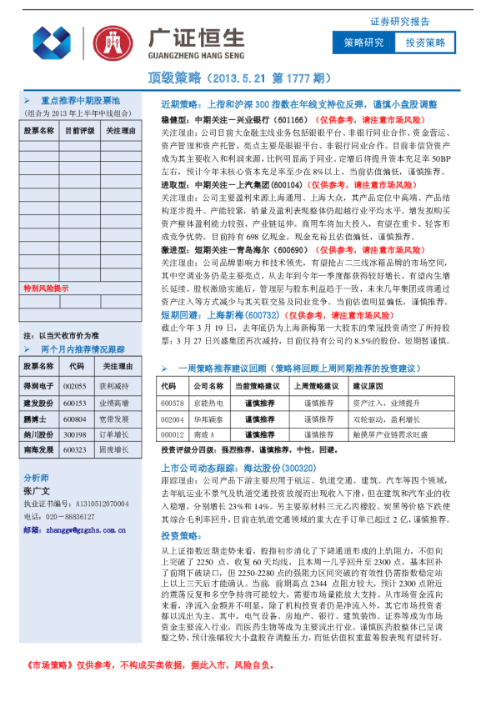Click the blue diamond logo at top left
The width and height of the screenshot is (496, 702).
52,43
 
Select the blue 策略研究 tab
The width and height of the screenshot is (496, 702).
363,43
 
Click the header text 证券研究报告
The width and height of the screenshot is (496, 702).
400,22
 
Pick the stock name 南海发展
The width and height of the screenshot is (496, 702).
38,449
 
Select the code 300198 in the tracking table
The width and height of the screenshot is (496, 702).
75,434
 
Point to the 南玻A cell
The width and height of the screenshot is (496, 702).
204,434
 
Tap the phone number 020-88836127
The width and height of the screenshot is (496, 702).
65,517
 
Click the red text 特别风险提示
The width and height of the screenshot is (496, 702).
46,288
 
